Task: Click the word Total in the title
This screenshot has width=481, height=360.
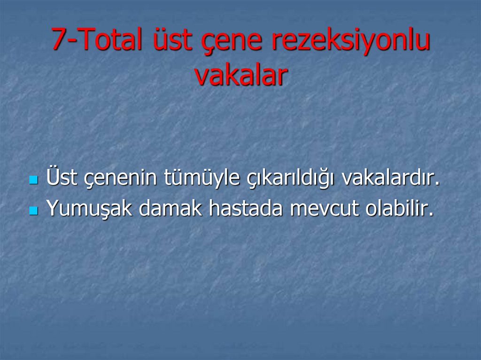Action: coord(111,40)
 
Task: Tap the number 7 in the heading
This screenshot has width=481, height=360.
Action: coord(58,40)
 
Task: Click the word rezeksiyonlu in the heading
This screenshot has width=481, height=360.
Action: coord(351,41)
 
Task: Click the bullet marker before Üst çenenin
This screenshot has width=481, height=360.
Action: coord(33,180)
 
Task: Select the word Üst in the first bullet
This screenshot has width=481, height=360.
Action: coord(59,178)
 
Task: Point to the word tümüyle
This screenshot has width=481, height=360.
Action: coord(202,180)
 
